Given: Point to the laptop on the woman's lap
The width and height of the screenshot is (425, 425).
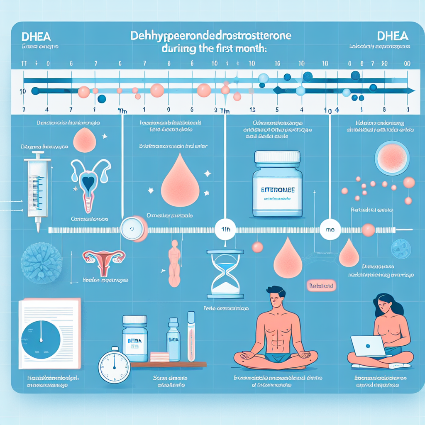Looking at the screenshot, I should coord(367,347).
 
